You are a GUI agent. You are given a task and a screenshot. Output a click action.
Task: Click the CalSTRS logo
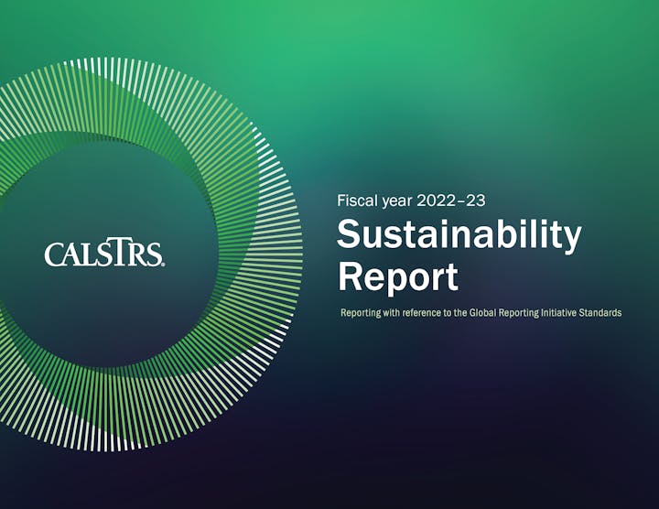tap(104, 254)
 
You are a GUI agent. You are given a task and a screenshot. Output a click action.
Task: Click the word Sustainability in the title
tap(459, 235)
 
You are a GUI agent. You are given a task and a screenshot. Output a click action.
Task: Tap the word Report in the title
tap(398, 276)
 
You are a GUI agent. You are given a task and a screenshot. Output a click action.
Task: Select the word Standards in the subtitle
tap(598, 313)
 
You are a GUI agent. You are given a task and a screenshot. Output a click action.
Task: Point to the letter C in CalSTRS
tap(53, 254)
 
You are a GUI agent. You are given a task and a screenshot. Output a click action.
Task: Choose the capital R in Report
tap(351, 276)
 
